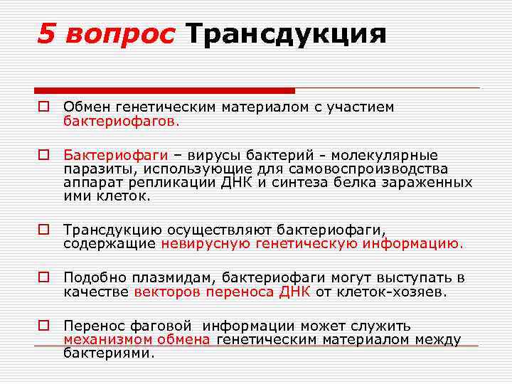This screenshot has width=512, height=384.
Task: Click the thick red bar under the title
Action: point(164,91)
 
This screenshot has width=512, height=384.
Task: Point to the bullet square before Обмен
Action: point(43,107)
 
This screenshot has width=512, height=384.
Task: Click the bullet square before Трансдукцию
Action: point(43,230)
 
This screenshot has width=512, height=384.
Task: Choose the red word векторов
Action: point(166,291)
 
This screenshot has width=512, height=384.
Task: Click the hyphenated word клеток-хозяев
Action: point(392,291)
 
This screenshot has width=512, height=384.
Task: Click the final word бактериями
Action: point(108,353)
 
